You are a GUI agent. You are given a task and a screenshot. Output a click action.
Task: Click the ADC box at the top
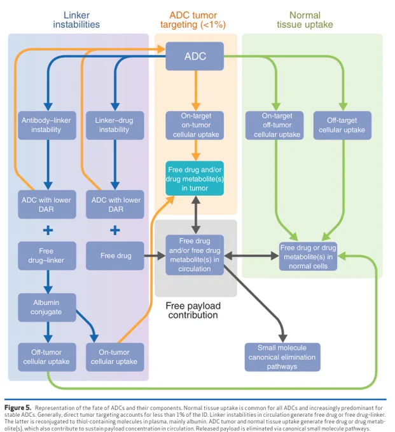195,56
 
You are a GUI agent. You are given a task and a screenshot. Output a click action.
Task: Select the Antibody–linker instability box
47,125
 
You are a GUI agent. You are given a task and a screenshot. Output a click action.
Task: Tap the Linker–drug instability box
114,125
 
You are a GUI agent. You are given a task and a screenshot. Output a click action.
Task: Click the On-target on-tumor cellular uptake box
195,125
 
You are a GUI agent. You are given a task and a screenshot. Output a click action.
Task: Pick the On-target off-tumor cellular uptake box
274,125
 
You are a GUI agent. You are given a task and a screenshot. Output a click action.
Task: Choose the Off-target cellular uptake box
342,125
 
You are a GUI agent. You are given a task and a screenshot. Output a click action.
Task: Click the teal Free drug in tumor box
195,179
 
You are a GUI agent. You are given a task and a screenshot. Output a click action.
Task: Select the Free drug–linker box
47,255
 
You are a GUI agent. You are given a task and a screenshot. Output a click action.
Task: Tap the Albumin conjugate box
47,307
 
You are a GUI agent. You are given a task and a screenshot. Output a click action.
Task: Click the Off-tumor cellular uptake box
47,357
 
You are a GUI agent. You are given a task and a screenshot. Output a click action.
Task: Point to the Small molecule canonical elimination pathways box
282,357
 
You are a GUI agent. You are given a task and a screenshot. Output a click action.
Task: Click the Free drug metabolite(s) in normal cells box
308,257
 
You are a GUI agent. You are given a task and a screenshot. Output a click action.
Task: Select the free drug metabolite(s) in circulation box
195,255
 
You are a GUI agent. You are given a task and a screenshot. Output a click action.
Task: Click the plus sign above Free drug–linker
48,230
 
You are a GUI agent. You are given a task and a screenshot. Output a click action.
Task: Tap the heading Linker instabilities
76,20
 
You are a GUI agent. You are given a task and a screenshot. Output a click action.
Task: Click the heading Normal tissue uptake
305,20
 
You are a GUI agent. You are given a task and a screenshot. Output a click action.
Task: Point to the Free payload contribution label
193,310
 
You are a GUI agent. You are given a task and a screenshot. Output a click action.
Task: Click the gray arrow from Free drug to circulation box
155,255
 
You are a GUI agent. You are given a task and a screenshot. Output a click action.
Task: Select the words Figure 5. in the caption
18,408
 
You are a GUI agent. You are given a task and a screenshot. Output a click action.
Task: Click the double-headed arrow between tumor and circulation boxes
195,215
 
